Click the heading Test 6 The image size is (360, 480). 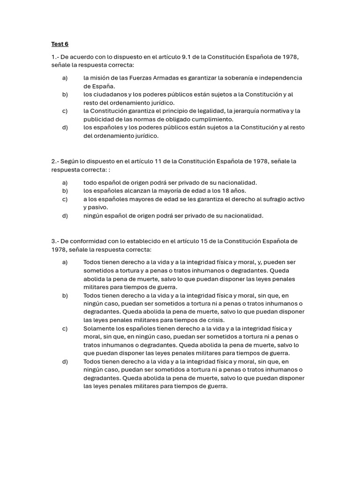tap(60, 44)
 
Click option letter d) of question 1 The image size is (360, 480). tap(65, 127)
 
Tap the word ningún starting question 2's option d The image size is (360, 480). tap(94, 216)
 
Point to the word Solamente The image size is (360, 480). tap(99, 329)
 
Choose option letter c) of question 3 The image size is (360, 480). tap(65, 329)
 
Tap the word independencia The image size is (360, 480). tap(280, 78)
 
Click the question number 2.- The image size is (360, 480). tap(55, 161)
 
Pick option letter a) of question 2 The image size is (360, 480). tap(65, 182)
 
